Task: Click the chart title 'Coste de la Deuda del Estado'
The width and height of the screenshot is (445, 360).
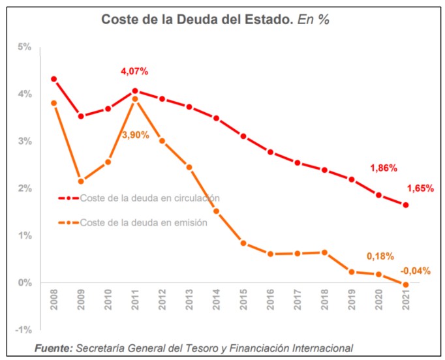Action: (196, 19)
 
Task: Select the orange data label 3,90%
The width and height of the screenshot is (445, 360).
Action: (136, 135)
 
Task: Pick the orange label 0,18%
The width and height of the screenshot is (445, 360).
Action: (380, 256)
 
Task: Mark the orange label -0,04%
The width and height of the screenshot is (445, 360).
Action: (415, 271)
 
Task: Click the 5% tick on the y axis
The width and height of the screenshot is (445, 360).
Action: (25, 47)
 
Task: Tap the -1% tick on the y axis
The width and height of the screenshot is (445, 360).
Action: (23, 329)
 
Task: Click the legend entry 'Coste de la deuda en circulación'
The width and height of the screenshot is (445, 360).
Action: (149, 198)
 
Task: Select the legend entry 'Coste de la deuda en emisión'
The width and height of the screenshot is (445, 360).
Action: (144, 222)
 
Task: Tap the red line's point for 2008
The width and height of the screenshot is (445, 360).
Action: (54, 79)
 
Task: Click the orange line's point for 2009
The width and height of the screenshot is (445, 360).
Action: (81, 181)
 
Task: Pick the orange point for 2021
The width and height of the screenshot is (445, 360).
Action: (406, 284)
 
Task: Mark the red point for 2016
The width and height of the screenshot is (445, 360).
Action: (270, 152)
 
